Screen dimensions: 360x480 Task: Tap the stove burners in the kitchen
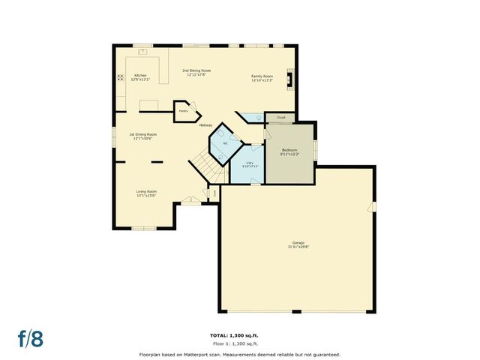[x=119, y=77]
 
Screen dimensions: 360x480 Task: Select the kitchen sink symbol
[x=141, y=52]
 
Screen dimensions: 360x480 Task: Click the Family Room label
[x=262, y=78]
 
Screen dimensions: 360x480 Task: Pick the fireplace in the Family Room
[x=293, y=77]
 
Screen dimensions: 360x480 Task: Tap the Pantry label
[x=182, y=111]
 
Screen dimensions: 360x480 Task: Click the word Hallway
[x=205, y=125]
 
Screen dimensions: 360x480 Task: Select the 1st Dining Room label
[x=144, y=136]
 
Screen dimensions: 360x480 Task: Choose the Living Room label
[x=145, y=193]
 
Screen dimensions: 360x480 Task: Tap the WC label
[x=225, y=142]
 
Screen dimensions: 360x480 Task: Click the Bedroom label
[x=289, y=151]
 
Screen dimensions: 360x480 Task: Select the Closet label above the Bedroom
[x=280, y=118]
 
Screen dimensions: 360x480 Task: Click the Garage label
[x=298, y=244]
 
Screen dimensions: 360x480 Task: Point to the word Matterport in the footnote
[x=211, y=354]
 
